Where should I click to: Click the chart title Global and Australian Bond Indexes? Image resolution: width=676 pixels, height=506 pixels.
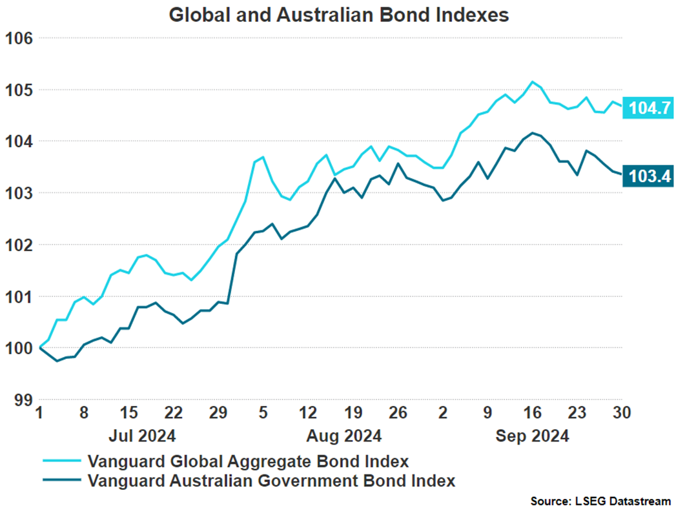tap(338, 14)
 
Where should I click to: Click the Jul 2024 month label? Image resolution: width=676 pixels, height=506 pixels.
tap(142, 436)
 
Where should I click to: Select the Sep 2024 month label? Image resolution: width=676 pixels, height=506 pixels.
tap(532, 436)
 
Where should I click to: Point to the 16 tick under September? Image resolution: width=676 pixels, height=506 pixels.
tap(532, 412)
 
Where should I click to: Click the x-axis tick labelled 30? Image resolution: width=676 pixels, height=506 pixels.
tap(621, 412)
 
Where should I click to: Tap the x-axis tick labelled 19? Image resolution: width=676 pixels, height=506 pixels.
tap(353, 412)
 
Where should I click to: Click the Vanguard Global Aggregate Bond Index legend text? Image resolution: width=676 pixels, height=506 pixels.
tap(248, 461)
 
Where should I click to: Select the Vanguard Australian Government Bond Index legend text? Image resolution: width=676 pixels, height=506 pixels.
tap(271, 481)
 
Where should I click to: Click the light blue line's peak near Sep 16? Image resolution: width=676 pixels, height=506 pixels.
tap(532, 82)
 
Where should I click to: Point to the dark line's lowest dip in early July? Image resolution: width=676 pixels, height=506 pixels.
tap(57, 361)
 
